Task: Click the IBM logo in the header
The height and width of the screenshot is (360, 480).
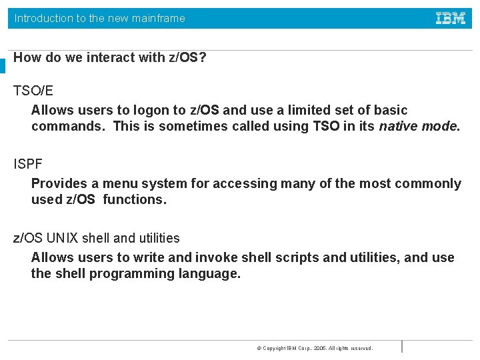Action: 451,18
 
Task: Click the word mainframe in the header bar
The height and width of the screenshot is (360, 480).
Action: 158,19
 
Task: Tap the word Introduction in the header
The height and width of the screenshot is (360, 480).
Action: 43,19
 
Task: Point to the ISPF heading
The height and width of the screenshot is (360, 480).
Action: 28,163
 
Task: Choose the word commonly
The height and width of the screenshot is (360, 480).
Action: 431,183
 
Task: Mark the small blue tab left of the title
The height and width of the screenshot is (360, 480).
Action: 3,65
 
